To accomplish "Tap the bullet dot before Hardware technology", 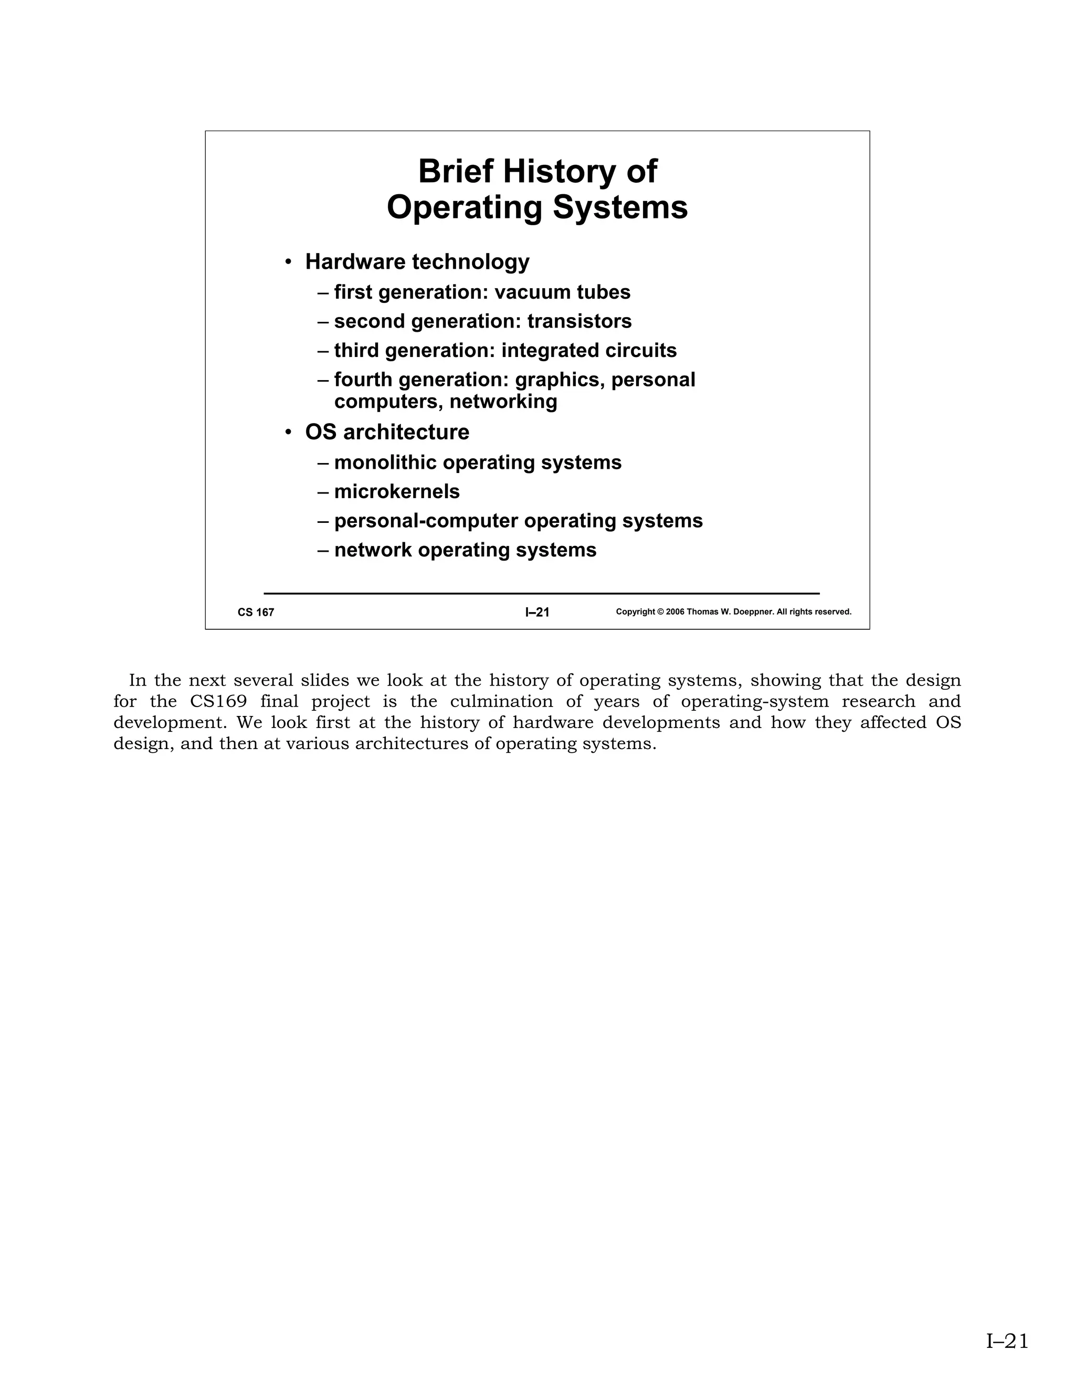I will click(289, 262).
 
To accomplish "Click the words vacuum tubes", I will click(562, 292).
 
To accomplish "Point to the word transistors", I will click(579, 322).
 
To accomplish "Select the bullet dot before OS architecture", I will click(289, 433).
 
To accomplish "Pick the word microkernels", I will click(397, 492).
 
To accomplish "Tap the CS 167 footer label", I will click(256, 613).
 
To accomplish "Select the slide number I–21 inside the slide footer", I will click(537, 613).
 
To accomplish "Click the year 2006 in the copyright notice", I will click(675, 612).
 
